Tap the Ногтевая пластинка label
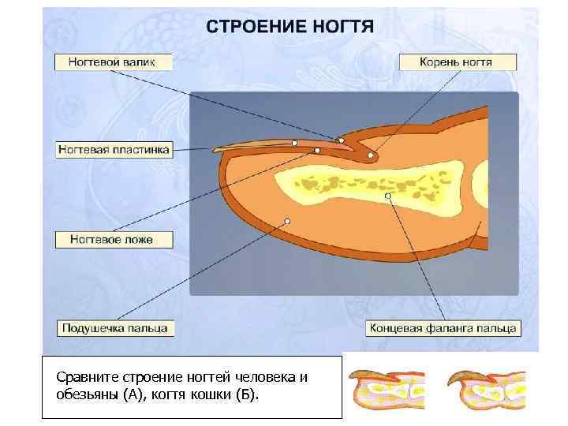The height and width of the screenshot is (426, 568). (x=114, y=149)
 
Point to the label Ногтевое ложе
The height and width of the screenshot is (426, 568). (x=113, y=239)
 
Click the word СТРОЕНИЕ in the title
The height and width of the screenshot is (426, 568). (x=255, y=26)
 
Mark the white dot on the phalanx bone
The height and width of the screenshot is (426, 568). (x=388, y=195)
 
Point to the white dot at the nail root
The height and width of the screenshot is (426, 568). (x=370, y=156)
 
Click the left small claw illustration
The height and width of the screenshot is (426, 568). (x=387, y=390)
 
